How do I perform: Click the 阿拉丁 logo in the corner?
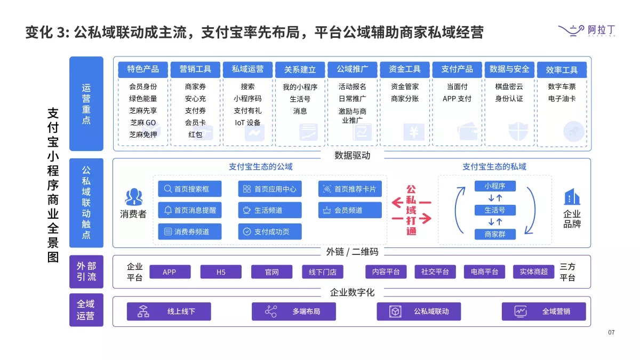[586, 31]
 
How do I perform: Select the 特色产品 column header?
[143, 69]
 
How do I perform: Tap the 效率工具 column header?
[562, 70]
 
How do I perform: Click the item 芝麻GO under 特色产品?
[143, 123]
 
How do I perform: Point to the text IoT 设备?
[247, 123]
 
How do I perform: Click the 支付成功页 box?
[270, 231]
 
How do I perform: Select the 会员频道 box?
[350, 210]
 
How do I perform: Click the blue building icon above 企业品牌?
[572, 197]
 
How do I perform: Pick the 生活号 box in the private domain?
[494, 210]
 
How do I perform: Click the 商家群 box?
[494, 234]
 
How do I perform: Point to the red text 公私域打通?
[411, 210]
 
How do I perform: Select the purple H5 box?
[221, 272]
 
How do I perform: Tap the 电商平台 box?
[484, 272]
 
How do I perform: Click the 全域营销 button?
[543, 311]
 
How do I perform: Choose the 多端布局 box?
[294, 311]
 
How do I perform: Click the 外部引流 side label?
[86, 271]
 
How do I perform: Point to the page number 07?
[611, 333]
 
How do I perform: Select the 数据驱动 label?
[352, 156]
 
